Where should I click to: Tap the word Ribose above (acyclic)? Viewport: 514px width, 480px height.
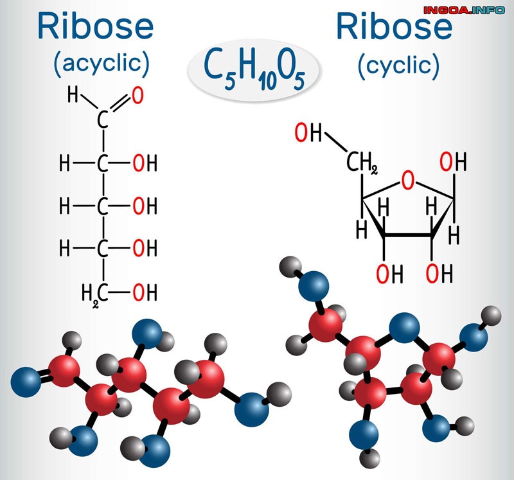(96, 27)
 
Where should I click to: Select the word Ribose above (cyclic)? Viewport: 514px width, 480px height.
(394, 27)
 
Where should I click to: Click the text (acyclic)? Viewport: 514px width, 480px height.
(102, 62)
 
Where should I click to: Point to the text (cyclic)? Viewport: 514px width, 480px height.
(399, 64)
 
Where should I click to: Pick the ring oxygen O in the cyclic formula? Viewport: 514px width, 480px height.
(408, 181)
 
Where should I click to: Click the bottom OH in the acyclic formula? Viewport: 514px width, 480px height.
(145, 294)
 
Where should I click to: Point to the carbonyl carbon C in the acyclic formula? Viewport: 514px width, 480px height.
(102, 120)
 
